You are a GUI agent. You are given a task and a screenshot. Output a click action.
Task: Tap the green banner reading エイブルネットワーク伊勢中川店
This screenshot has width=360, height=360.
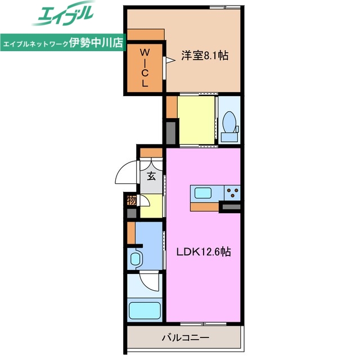point(63,43)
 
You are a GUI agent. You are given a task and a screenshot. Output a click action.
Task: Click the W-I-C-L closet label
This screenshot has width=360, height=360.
point(145,66)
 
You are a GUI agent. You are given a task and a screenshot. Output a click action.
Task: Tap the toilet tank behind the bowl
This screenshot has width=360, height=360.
point(229,136)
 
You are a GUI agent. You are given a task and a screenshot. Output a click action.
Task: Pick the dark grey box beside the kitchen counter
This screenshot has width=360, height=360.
point(232,208)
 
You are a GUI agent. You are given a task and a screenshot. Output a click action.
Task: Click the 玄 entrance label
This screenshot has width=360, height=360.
point(151,175)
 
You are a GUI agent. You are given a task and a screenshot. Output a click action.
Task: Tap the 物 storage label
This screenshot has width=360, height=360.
point(132,200)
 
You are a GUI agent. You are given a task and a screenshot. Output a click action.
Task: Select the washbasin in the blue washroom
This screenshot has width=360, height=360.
point(136,259)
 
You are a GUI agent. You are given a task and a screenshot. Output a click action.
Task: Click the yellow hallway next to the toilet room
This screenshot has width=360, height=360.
point(196,120)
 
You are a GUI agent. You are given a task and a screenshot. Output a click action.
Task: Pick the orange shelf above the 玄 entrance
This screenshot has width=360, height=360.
point(151,152)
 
